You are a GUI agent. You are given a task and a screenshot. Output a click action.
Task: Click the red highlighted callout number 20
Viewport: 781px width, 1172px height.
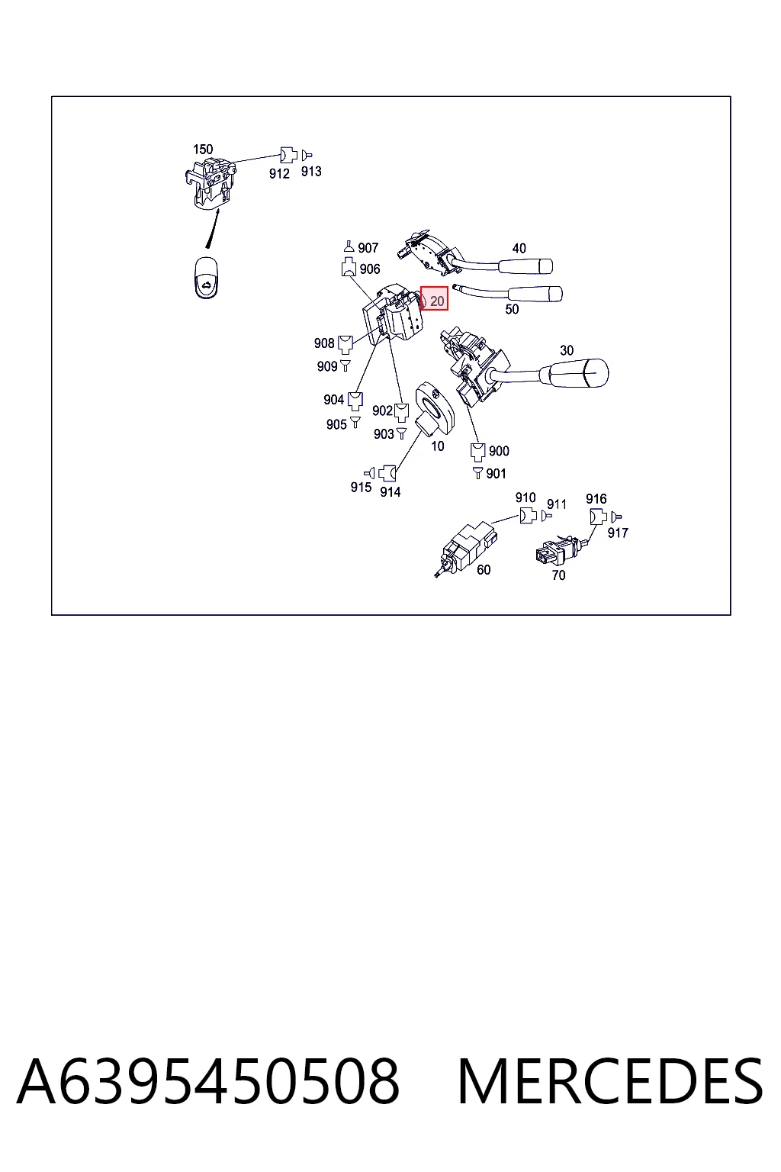tap(434, 299)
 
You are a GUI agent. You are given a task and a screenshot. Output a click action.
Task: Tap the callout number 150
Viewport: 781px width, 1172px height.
tap(203, 149)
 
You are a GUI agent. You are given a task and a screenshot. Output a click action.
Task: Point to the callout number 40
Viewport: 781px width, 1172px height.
tap(519, 248)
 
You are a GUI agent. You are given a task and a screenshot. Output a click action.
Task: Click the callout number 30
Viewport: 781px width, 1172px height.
tap(567, 350)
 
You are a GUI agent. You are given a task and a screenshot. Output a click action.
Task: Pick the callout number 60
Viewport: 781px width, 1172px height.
tap(484, 570)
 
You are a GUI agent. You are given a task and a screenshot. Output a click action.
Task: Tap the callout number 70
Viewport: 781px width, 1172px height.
tap(558, 575)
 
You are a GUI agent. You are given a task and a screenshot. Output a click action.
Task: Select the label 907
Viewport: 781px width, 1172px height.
tap(368, 247)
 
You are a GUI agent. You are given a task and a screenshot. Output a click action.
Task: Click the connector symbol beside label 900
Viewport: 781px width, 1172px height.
tap(478, 452)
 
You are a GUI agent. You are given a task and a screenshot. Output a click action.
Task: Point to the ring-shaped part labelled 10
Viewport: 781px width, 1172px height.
tap(435, 409)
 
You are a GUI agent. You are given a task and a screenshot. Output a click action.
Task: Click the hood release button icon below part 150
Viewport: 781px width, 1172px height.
tap(206, 277)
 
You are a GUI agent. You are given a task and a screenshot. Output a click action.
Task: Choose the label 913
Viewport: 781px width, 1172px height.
tap(311, 171)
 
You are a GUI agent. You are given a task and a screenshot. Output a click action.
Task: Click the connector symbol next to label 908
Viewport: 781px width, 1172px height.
tap(346, 345)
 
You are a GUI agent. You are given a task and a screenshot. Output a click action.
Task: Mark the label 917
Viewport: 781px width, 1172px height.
tap(617, 533)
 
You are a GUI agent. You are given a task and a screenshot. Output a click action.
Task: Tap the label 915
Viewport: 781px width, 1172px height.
tap(361, 487)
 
